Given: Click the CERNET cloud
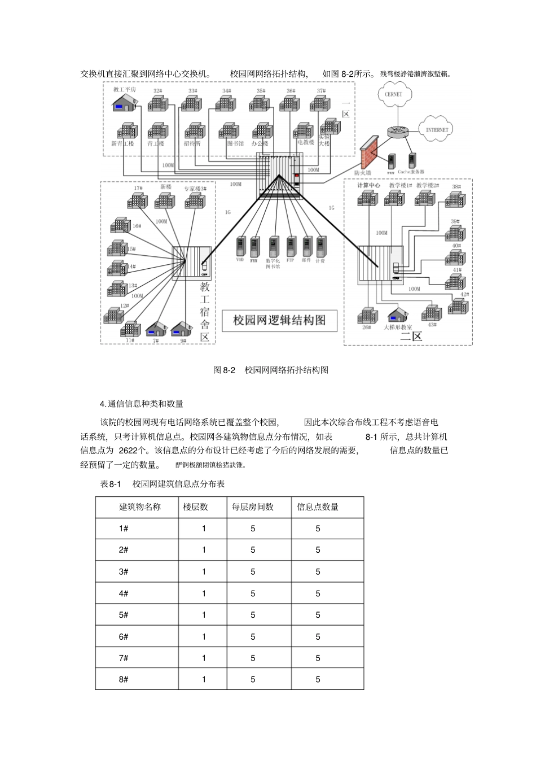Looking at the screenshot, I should coord(393,94).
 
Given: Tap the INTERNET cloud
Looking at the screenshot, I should coord(436,129).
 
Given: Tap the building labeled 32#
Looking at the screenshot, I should coord(157,103).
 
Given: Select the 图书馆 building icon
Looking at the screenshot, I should coord(229,131).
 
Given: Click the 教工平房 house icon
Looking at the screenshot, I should coord(124,102).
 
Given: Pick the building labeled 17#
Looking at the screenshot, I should coord(137,200).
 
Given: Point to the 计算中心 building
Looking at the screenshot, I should coord(367,198).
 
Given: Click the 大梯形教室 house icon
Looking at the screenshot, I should coord(398,315).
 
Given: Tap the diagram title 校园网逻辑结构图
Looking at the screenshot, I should coord(279,320).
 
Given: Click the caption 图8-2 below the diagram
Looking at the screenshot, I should coord(224,370).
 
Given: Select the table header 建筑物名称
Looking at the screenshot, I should coord(139,507).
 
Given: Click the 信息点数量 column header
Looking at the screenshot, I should coord(318,507).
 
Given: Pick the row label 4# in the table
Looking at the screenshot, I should coord(124,593).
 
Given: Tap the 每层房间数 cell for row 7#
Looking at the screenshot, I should coord(253,658).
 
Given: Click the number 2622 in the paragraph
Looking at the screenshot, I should coord(128,451).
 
